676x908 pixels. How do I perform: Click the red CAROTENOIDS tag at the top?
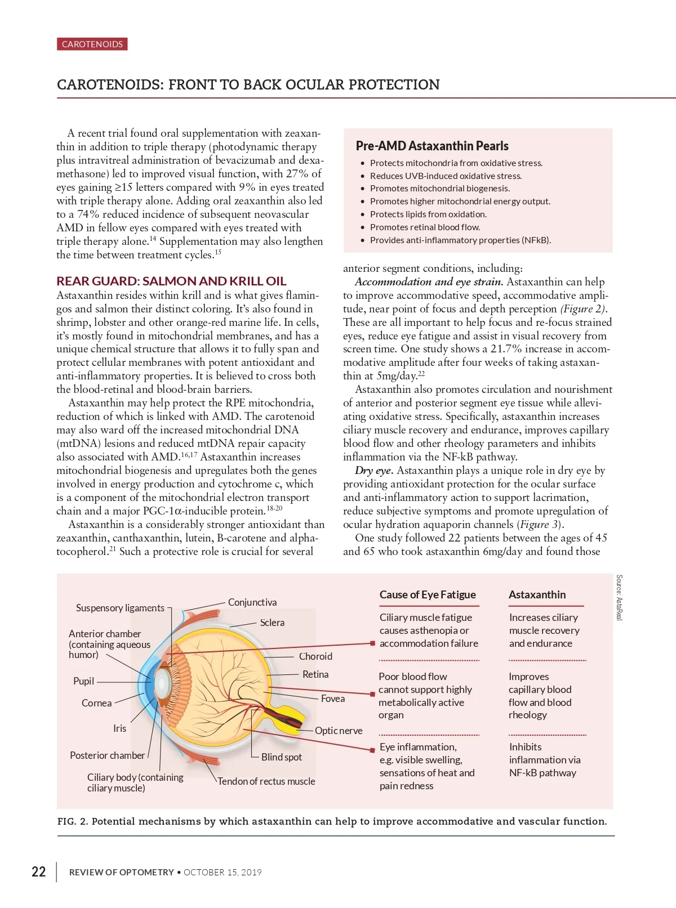point(92,44)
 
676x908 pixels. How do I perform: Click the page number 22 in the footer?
point(38,872)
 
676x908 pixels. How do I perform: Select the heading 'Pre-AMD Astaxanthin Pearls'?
point(432,146)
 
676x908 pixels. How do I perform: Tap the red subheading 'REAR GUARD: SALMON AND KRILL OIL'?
point(171,281)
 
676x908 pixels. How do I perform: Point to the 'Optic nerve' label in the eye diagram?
point(339,731)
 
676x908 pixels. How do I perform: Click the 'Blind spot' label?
point(282,757)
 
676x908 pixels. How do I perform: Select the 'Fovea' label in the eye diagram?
point(333,699)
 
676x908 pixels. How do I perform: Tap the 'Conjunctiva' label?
point(252,602)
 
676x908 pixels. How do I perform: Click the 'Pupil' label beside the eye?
point(83,681)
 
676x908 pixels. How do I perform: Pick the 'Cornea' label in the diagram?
point(96,703)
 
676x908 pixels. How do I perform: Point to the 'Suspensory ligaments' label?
point(120,608)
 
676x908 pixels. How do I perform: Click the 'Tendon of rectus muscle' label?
point(266,781)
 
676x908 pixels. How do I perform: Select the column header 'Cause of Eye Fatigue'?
point(428,595)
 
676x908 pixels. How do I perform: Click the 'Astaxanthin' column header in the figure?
point(537,595)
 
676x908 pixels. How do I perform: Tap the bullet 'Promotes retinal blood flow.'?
point(425,227)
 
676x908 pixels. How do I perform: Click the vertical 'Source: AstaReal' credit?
point(619,597)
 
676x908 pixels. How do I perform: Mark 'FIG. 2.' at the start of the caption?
point(73,821)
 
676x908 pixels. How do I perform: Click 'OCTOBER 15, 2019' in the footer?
point(223,873)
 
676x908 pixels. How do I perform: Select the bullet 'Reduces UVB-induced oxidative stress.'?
point(446,176)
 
